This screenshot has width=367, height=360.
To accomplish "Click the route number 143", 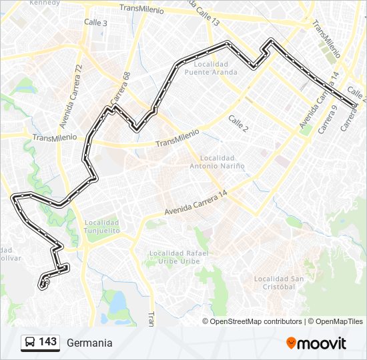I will pyautogui.click(x=47, y=342).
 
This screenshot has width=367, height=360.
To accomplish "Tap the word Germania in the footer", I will pyautogui.click(x=89, y=343).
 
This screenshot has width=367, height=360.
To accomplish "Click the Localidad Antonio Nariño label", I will pyautogui.click(x=217, y=162).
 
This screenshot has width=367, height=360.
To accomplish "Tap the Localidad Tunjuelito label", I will pyautogui.click(x=101, y=227).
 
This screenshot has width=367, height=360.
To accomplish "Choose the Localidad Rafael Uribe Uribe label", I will pyautogui.click(x=179, y=257).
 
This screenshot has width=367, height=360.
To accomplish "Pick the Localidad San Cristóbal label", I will pyautogui.click(x=274, y=283).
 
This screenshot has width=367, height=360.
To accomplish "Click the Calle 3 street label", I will pyautogui.click(x=95, y=22).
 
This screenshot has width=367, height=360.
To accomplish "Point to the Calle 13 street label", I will pyautogui.click(x=206, y=13).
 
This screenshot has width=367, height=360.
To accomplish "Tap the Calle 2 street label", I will pyautogui.click(x=238, y=123).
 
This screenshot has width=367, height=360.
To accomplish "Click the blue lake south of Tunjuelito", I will pyautogui.click(x=117, y=303).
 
